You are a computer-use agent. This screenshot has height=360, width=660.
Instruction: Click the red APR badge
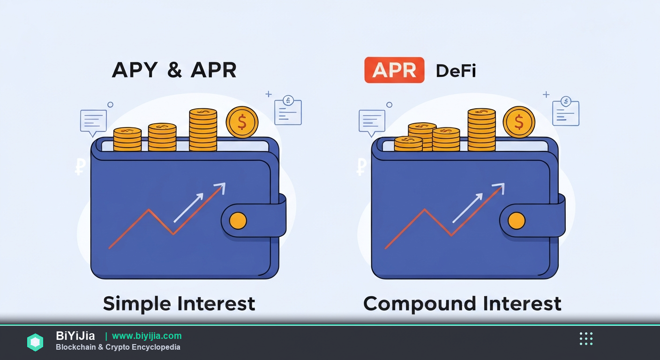point(394,70)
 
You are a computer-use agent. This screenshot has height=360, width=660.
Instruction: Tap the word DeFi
point(456,71)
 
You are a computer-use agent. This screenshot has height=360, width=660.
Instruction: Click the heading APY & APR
point(174,70)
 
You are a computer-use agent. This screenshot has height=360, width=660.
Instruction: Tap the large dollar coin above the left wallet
point(242,122)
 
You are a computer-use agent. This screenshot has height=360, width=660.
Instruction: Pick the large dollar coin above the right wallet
point(519,122)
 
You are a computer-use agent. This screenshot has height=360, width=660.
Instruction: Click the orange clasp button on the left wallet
point(238,220)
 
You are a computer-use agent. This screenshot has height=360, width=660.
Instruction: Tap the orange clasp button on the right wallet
point(517,220)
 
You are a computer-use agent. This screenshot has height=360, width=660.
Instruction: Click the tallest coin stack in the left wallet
point(203,130)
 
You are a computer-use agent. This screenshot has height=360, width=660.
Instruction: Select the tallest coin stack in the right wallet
point(481,130)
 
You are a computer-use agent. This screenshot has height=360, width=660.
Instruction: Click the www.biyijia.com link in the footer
point(147,336)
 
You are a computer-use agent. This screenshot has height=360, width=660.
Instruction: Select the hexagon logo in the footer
point(35,342)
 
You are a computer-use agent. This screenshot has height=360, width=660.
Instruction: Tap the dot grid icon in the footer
point(586,338)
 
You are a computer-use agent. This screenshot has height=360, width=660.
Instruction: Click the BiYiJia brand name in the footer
point(75,336)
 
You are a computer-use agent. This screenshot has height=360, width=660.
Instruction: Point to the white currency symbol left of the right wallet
point(361,166)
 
